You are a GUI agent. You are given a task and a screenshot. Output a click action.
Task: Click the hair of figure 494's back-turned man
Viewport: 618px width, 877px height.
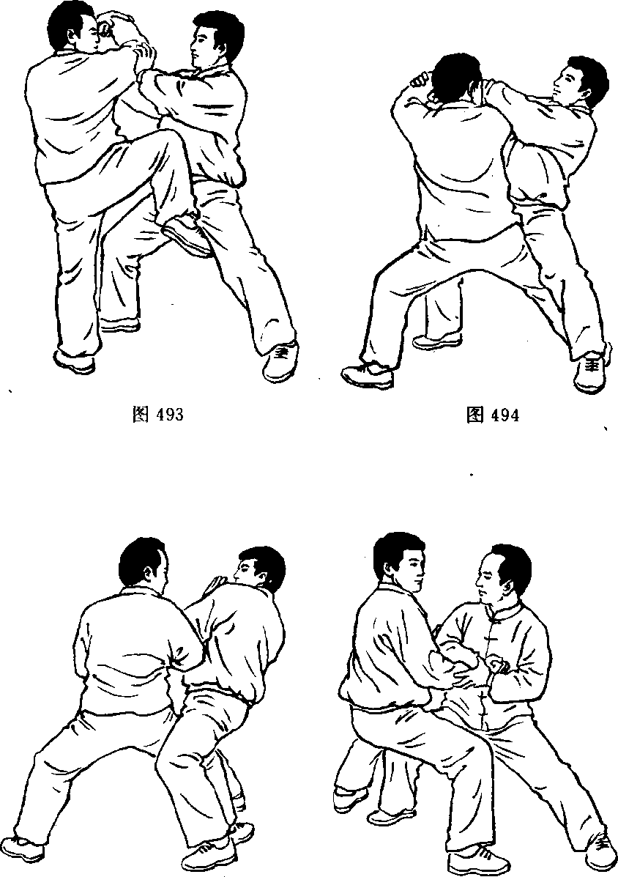click(458, 75)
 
